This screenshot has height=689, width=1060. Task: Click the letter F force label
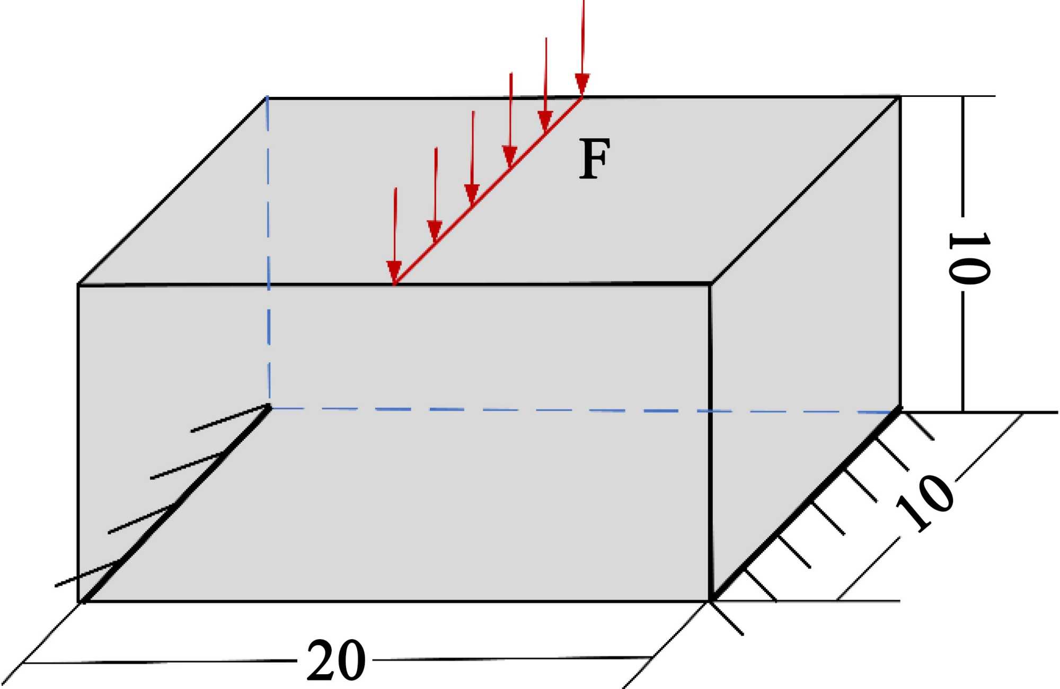coord(594,159)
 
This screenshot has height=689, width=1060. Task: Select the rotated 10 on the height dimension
coord(968,258)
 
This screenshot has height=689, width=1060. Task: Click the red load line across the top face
coord(488,191)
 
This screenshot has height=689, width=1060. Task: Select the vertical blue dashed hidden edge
coord(268,254)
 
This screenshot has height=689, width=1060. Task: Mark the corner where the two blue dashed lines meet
coord(270,408)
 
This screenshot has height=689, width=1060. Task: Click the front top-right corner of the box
coord(710,284)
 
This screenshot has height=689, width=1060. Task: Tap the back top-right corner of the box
coord(899,97)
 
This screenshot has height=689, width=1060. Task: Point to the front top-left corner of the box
coord(78,285)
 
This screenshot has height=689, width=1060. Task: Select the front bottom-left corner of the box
coord(79,602)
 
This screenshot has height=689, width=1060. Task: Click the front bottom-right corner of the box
coord(710,601)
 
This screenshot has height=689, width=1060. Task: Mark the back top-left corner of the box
coord(267,98)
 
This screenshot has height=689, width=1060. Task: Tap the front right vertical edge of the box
coord(710,445)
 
